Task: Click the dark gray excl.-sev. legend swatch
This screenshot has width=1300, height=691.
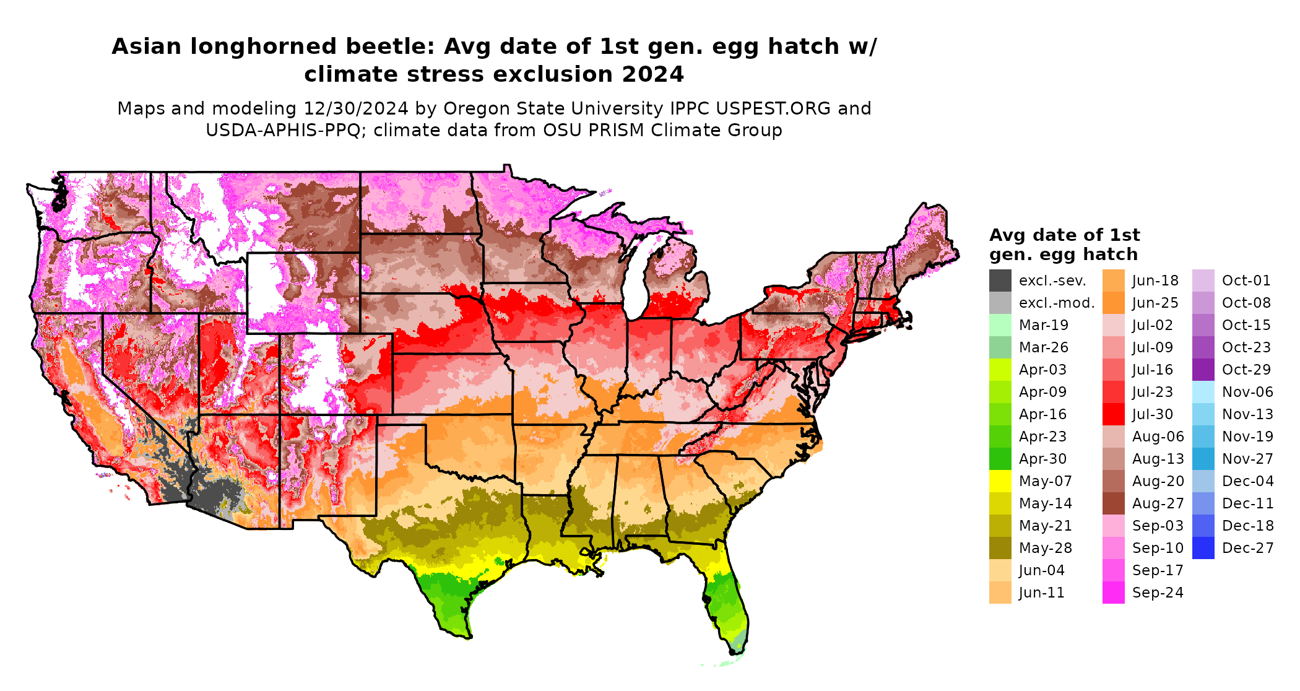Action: click(1000, 280)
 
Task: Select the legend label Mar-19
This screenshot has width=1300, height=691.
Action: click(1043, 325)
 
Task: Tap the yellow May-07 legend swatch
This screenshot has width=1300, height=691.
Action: click(1000, 481)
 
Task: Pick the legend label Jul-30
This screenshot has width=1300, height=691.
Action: click(1152, 414)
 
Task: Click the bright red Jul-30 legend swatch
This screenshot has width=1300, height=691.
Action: click(1113, 414)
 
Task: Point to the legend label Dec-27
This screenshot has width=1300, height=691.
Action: click(1247, 548)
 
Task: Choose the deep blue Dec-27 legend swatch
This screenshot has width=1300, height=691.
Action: click(1203, 548)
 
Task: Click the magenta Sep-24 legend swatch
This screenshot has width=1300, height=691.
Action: click(1113, 593)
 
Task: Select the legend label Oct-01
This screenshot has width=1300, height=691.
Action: click(1246, 280)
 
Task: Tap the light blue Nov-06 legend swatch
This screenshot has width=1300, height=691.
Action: click(1203, 392)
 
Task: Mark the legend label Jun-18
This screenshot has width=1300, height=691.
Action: click(1155, 280)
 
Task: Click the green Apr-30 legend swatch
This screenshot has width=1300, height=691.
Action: click(1000, 459)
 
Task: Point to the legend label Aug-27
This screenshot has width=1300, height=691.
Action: click(1158, 503)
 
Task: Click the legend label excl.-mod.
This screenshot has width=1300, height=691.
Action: click(1057, 303)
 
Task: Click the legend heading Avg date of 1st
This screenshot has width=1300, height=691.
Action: click(1064, 235)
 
